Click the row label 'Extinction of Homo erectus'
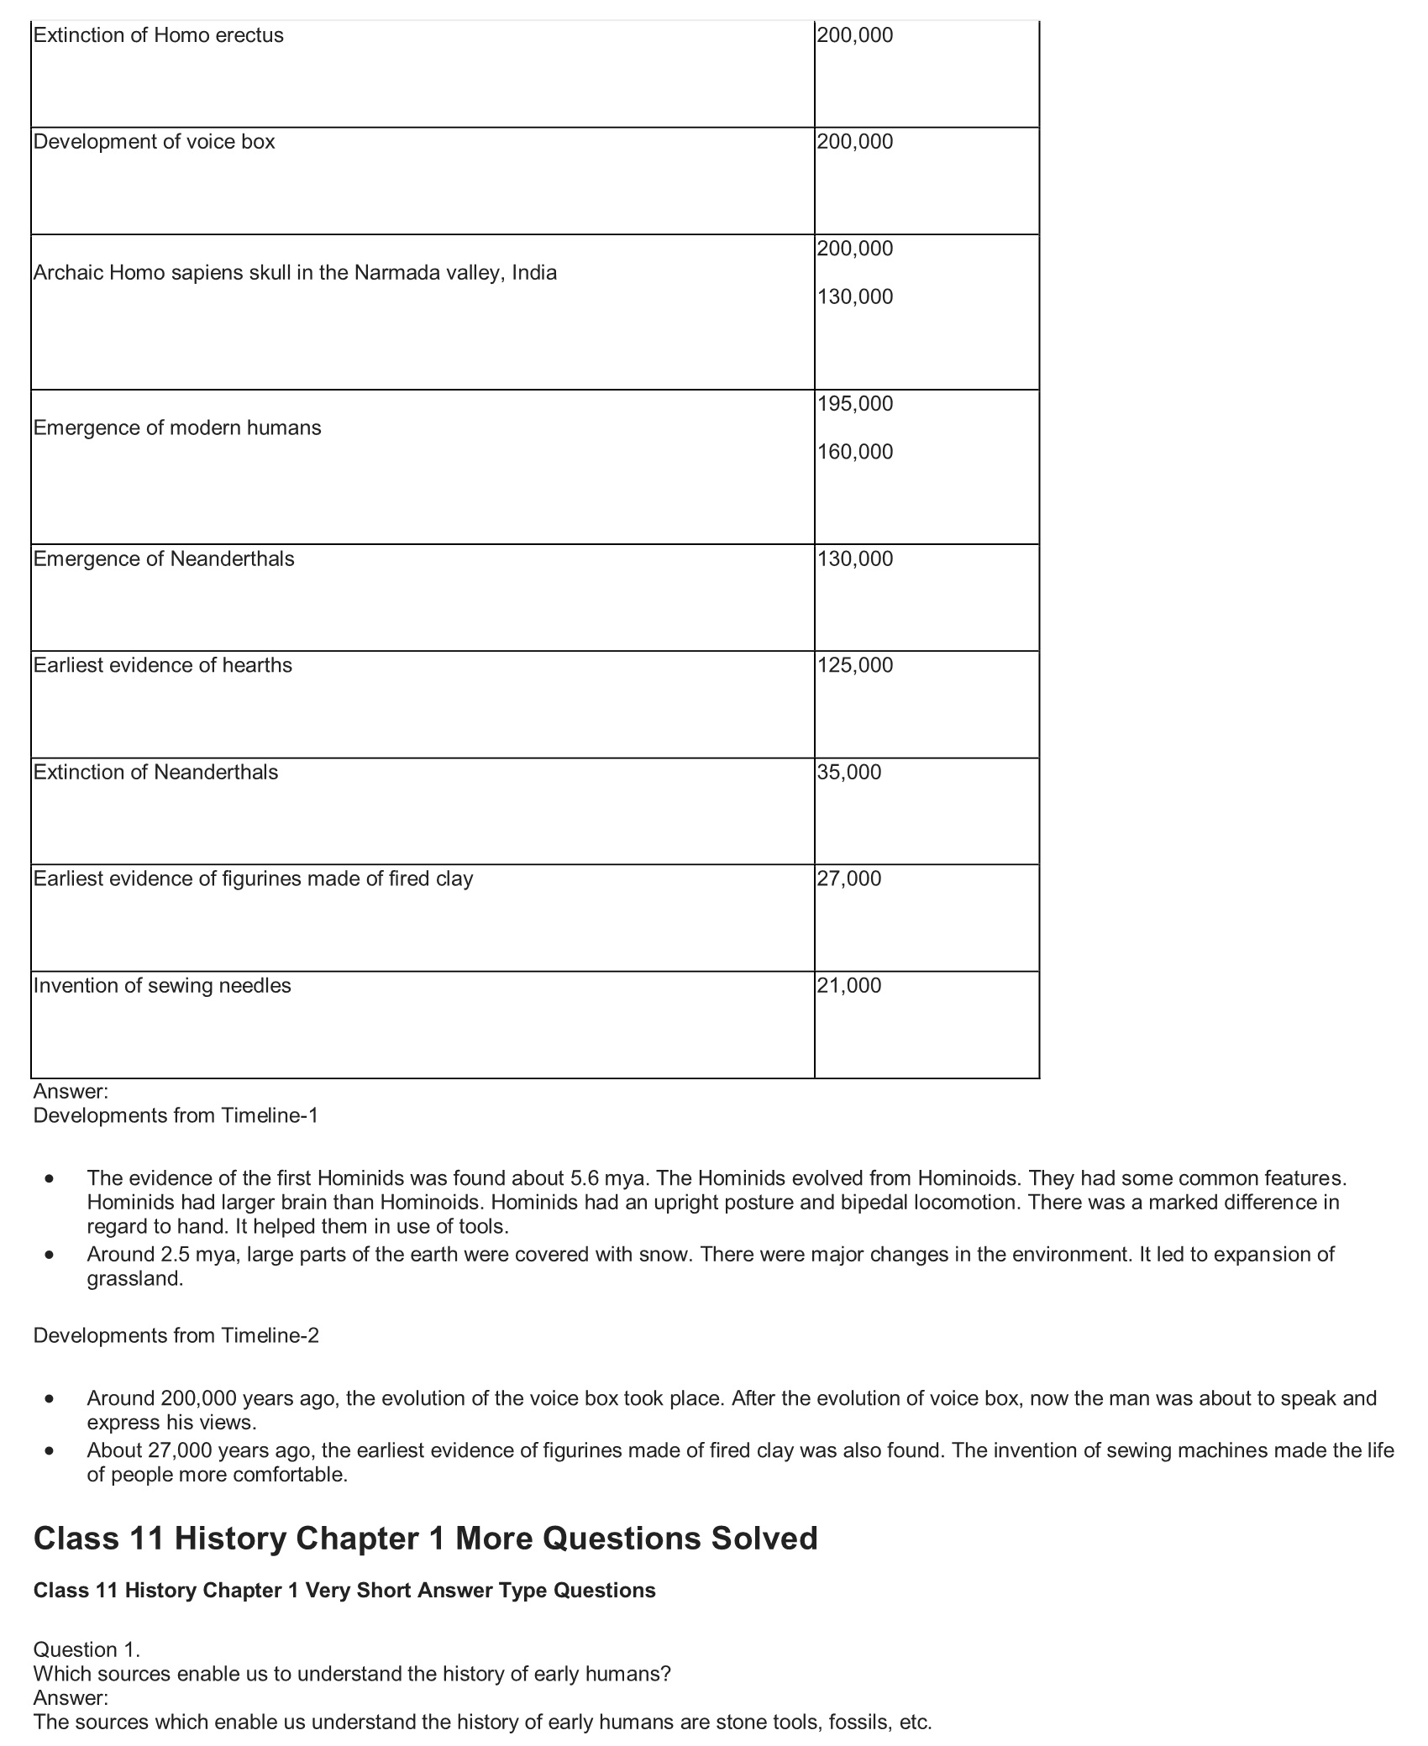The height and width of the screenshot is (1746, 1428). click(158, 35)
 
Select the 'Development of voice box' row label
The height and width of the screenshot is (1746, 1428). click(154, 141)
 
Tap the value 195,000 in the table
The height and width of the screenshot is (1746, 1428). click(855, 404)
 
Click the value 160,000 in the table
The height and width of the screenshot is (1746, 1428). click(855, 452)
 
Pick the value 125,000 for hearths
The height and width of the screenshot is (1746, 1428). click(855, 665)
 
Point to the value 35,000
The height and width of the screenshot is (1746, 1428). click(849, 772)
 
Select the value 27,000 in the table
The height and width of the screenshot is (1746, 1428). click(849, 878)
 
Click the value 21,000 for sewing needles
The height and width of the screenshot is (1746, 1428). click(849, 985)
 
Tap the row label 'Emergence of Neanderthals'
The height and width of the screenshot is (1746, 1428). click(164, 558)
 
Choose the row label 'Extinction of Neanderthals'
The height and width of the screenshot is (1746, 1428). click(155, 772)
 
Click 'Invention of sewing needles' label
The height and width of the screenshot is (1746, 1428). click(162, 985)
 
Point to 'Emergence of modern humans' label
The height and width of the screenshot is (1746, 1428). click(177, 427)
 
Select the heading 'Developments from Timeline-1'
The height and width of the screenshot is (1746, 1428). click(176, 1115)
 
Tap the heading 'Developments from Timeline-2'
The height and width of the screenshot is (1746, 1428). click(176, 1335)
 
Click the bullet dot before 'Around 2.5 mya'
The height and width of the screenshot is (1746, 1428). click(51, 1256)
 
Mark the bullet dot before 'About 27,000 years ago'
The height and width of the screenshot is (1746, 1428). click(51, 1451)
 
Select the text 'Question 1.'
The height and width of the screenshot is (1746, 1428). click(87, 1649)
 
